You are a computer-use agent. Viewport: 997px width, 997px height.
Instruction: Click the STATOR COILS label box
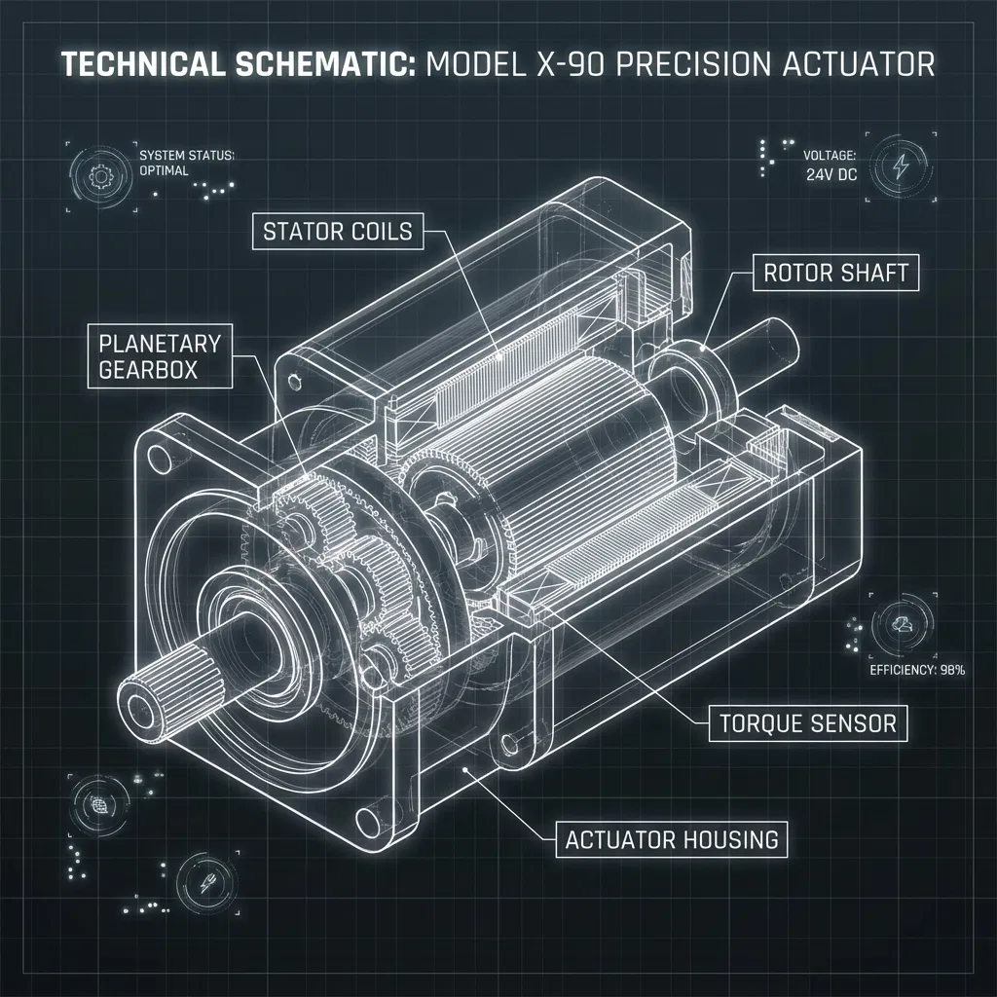click(338, 231)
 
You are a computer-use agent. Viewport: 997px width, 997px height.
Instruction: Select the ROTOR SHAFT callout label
click(835, 273)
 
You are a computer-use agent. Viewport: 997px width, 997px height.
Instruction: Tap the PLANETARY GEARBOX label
click(160, 356)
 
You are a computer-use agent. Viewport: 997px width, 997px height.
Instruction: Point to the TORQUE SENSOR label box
click(808, 723)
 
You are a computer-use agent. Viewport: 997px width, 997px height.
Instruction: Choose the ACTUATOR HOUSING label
click(672, 839)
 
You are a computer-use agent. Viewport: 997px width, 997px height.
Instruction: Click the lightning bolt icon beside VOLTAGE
click(901, 166)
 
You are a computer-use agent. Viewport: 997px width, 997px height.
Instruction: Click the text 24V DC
click(831, 174)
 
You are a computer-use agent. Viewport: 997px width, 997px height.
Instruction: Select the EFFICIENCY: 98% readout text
click(917, 670)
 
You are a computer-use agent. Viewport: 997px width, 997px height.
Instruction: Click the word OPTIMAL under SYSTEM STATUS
click(164, 170)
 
